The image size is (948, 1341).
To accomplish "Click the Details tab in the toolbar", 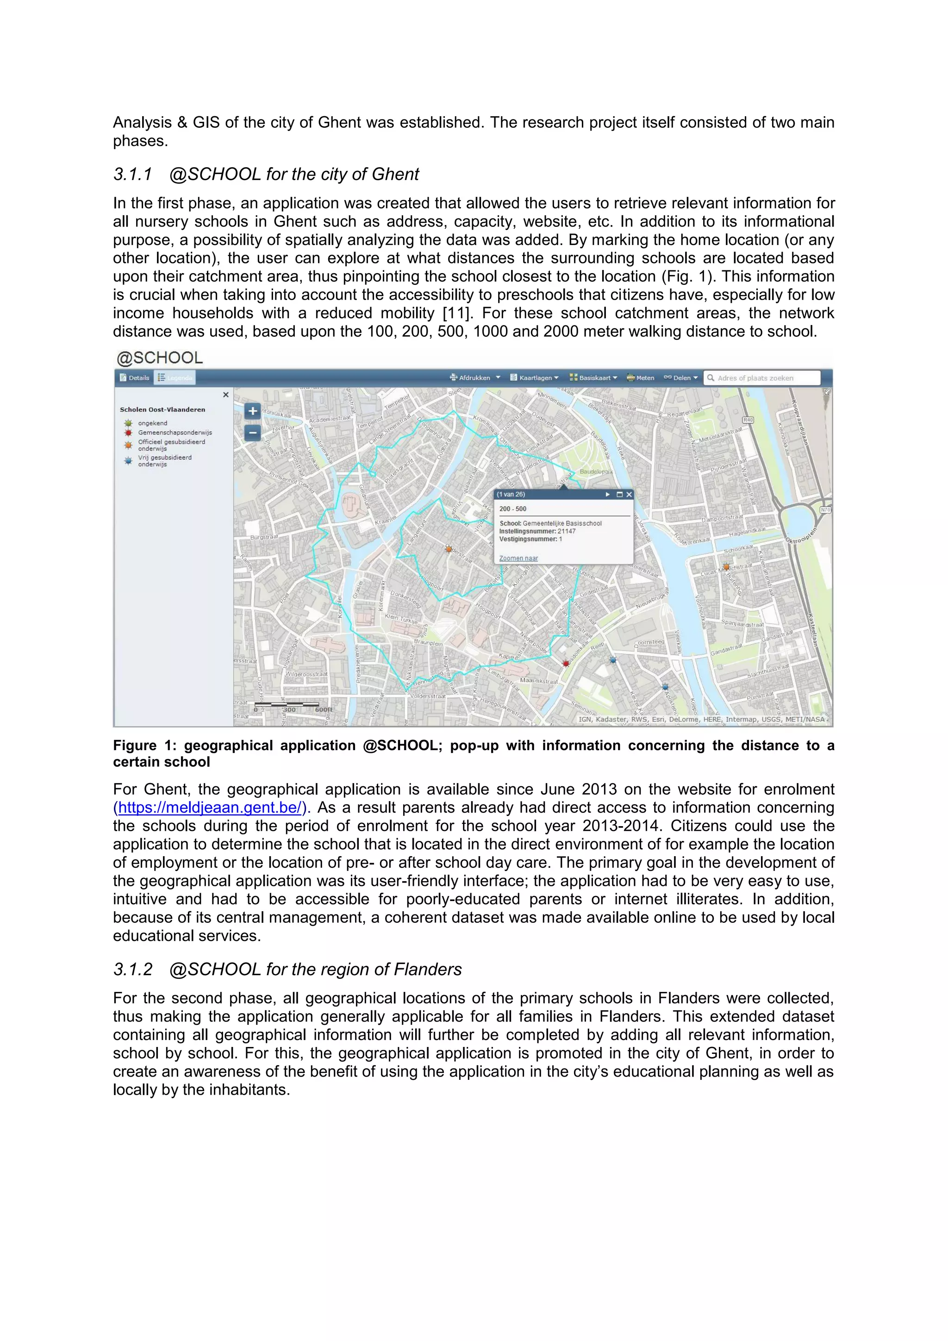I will pyautogui.click(x=135, y=378).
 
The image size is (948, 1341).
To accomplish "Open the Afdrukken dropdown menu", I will pyautogui.click(x=475, y=378).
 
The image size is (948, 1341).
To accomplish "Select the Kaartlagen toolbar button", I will pyautogui.click(x=535, y=378).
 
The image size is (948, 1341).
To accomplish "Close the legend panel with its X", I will pyautogui.click(x=226, y=395).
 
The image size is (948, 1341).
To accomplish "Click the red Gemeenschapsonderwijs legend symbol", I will pyautogui.click(x=128, y=433).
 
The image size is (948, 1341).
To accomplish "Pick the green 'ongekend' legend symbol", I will pyautogui.click(x=128, y=423).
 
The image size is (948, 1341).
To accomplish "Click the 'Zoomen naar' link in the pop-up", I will pyautogui.click(x=518, y=558).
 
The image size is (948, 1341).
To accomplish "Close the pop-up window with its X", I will pyautogui.click(x=629, y=495).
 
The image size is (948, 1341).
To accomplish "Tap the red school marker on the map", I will pyautogui.click(x=566, y=664).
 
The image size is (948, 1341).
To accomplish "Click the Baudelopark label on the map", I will pyautogui.click(x=595, y=471).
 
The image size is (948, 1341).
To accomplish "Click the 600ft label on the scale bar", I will pyautogui.click(x=324, y=710).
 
